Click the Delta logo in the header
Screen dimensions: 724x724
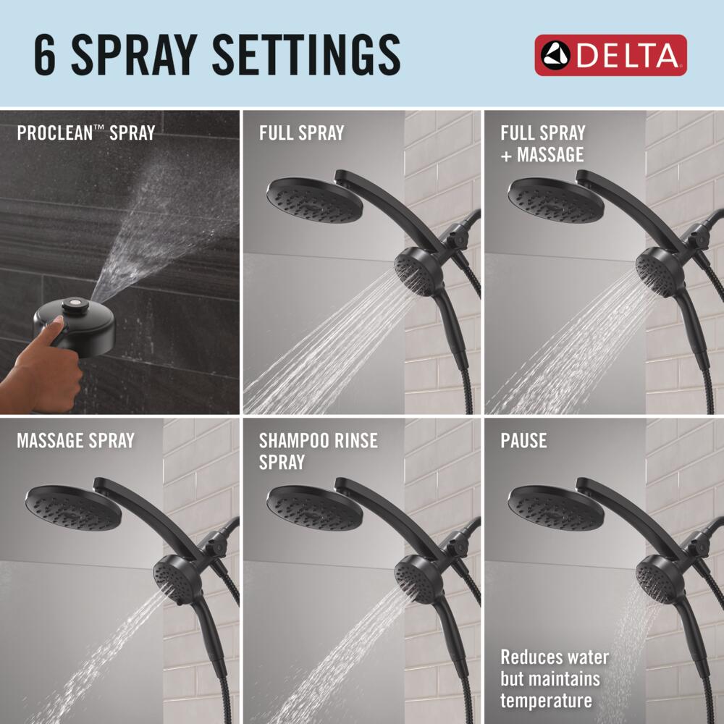pyautogui.click(x=610, y=56)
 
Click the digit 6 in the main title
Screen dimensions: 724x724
pyautogui.click(x=45, y=56)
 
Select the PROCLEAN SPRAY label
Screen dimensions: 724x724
pyautogui.click(x=85, y=133)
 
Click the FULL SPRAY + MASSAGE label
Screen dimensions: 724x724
pyautogui.click(x=542, y=143)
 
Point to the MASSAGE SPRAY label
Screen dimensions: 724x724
pyautogui.click(x=75, y=440)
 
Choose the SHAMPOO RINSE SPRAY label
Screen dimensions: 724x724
pyautogui.click(x=318, y=451)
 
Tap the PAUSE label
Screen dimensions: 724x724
pyautogui.click(x=523, y=440)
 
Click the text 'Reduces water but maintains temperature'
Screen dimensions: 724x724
pyautogui.click(x=554, y=678)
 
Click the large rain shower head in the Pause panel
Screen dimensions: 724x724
pyautogui.click(x=555, y=508)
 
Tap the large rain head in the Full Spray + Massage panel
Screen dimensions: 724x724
pyautogui.click(x=555, y=201)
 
